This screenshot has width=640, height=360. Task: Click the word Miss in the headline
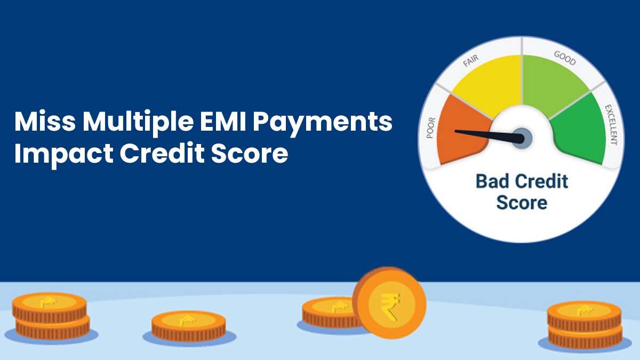(45, 121)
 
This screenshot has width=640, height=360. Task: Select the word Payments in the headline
(323, 123)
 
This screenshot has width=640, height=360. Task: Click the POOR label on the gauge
(431, 128)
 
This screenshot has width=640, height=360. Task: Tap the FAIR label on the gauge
(471, 61)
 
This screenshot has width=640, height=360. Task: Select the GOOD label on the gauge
(565, 58)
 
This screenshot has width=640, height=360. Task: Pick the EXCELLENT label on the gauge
(611, 125)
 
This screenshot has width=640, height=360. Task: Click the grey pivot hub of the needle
(522, 138)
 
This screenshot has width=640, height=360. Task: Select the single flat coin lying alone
(189, 326)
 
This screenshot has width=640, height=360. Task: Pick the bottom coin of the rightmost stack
(585, 338)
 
